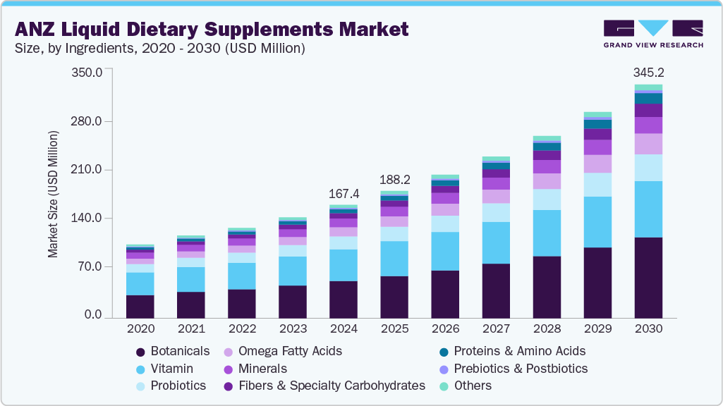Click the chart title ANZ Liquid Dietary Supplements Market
point(212,29)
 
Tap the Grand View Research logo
point(653,34)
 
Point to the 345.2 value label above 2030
point(648,72)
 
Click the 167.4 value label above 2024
point(344,193)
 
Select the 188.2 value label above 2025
point(394,179)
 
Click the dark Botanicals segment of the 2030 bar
point(648,278)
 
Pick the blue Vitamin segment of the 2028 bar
point(547,233)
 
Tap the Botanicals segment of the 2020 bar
point(140,306)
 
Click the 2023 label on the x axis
point(293,329)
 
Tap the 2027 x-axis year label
point(496,329)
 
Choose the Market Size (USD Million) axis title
point(54,194)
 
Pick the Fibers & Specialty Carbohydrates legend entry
point(324,386)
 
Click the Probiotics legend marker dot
point(140,386)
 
